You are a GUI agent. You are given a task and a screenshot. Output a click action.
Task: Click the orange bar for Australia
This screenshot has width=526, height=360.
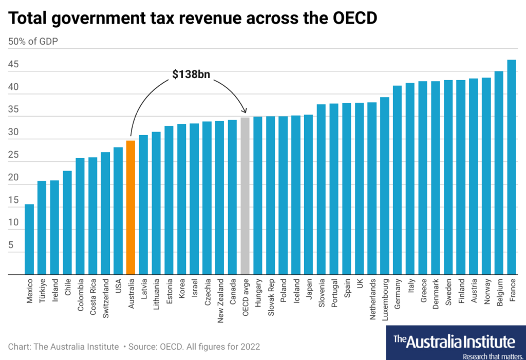pos(130,207)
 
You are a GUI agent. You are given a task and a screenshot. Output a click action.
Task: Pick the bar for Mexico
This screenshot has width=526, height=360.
pos(29,239)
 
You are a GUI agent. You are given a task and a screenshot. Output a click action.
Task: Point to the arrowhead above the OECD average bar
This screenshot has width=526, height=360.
pos(245,110)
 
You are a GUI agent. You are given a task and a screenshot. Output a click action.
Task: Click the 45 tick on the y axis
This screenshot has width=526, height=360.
pos(13,65)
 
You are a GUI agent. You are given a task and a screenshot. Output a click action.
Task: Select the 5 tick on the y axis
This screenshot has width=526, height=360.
pos(11,246)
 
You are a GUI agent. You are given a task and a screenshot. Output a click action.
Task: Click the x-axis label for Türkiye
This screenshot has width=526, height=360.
pos(42,292)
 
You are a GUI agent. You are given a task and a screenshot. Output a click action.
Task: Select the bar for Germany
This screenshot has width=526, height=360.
pos(397,180)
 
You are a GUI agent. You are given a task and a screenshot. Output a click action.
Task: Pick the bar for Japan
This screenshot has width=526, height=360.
pos(308,195)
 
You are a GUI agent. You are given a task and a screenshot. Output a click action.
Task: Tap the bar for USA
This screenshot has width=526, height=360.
pos(118,211)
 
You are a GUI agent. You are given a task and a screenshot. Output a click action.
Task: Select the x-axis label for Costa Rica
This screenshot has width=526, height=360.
pos(93,297)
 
